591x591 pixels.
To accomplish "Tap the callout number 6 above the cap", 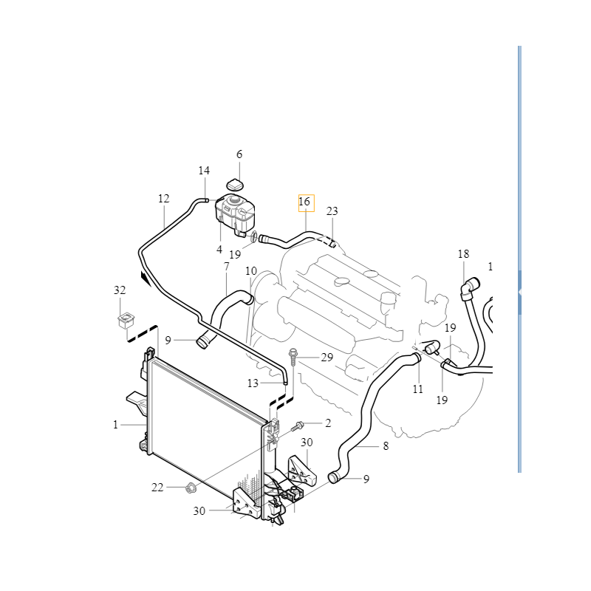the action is pyautogui.click(x=239, y=154).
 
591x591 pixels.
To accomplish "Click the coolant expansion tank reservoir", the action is pyautogui.click(x=235, y=214).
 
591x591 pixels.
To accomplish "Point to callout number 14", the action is pyautogui.click(x=204, y=171).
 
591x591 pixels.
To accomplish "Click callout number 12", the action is pyautogui.click(x=163, y=198).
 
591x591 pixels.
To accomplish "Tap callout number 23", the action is pyautogui.click(x=332, y=211).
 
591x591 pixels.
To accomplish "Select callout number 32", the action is pyautogui.click(x=120, y=290).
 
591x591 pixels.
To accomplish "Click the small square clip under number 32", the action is pyautogui.click(x=126, y=320).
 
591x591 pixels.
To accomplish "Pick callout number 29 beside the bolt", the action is pyautogui.click(x=327, y=357).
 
